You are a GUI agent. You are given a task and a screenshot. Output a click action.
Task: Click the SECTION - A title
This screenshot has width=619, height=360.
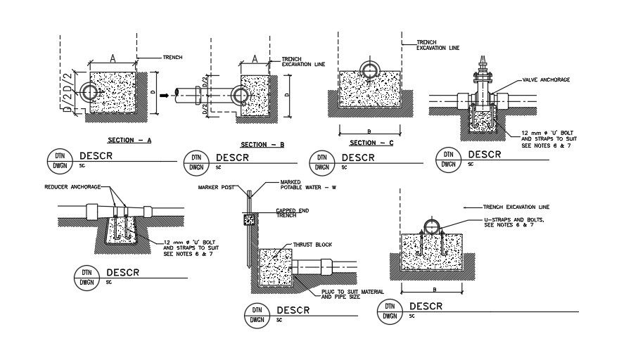[131, 140]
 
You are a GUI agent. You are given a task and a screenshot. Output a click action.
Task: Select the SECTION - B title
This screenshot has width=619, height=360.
[262, 144]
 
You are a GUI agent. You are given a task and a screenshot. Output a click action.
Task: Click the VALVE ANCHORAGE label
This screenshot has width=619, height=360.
[546, 80]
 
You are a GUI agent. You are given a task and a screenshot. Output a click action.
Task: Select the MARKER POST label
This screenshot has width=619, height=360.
[216, 188]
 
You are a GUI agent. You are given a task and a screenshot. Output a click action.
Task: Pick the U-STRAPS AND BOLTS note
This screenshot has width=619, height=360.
[515, 223]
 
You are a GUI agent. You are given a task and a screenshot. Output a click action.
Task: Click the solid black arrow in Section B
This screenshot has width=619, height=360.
[164, 94]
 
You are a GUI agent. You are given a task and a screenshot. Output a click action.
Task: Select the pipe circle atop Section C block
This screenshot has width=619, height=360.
[370, 70]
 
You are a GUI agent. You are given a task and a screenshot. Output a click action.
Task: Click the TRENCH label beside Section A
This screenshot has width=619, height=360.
[173, 57]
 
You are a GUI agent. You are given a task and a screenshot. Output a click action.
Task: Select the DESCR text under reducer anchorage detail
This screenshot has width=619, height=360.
[125, 272]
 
